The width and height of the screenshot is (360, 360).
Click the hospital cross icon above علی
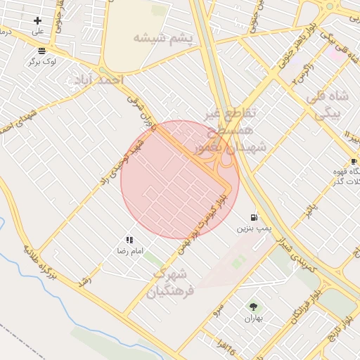click(x=37, y=20)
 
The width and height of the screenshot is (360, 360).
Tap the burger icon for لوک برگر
click(x=42, y=51)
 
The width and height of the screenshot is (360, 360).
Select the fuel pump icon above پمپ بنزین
click(x=253, y=217)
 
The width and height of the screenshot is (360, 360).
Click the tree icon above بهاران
click(x=253, y=307)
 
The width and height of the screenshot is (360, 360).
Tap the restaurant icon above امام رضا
click(x=129, y=240)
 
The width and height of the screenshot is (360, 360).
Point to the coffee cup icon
click(x=353, y=161)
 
